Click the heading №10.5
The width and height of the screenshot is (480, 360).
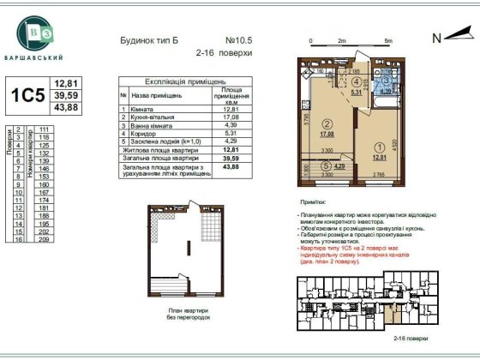pyautogui.click(x=238, y=39)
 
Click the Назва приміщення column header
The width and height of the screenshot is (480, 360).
pyautogui.click(x=159, y=98)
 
